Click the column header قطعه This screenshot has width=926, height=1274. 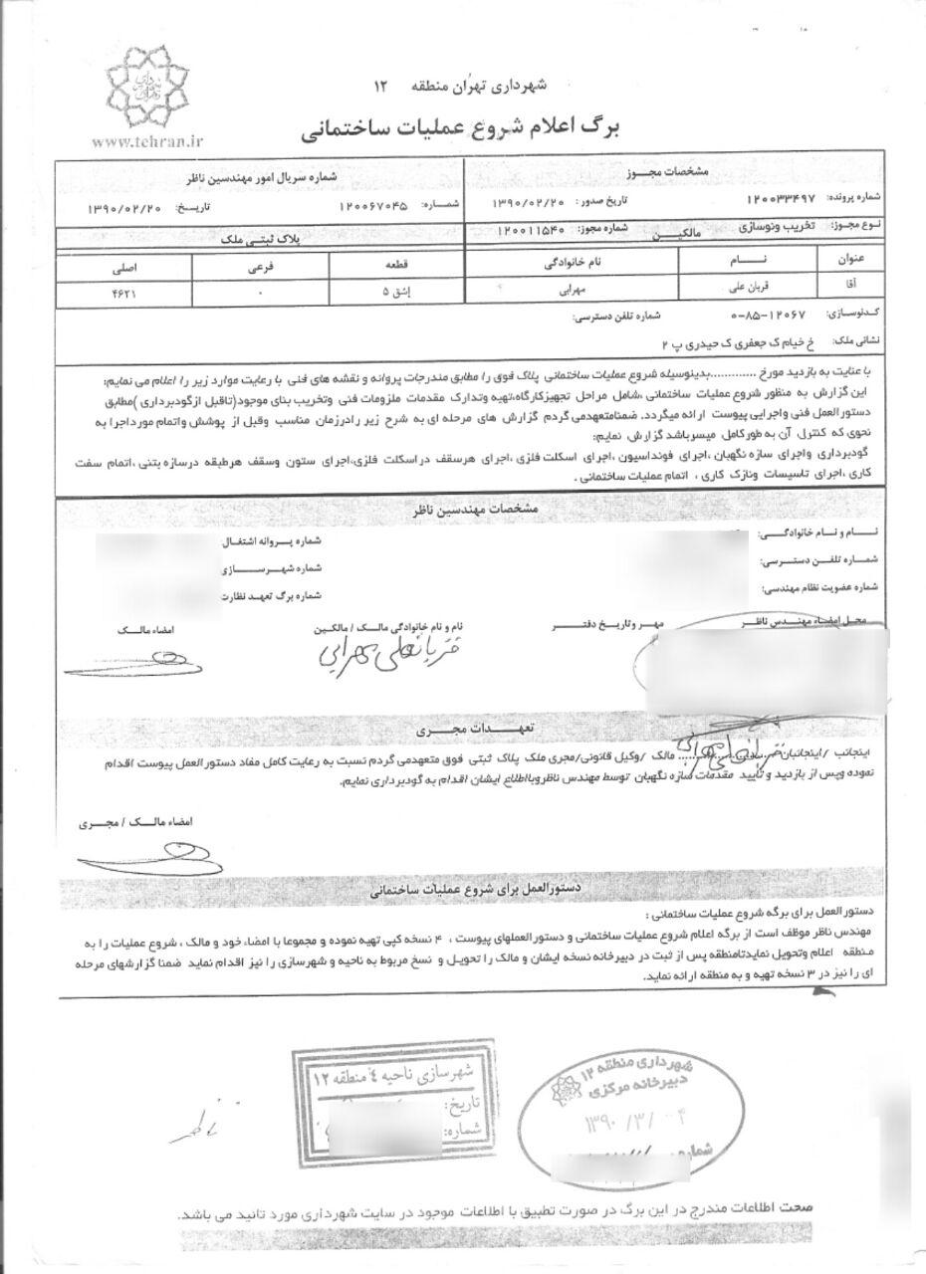(x=368, y=268)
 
